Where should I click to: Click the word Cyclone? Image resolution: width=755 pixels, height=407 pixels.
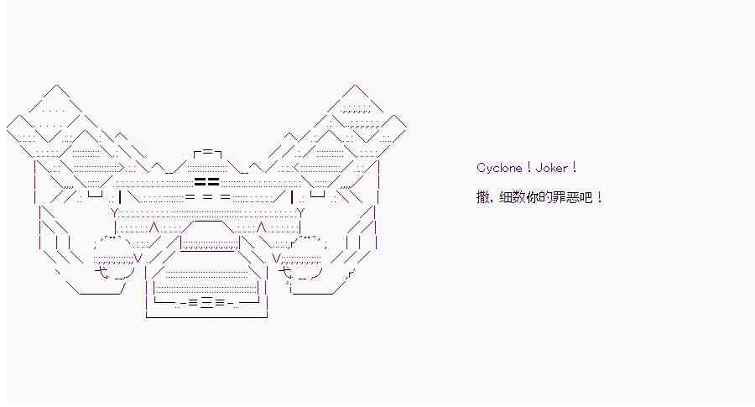coord(500,168)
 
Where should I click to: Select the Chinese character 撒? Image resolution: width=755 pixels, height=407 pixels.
coord(482,198)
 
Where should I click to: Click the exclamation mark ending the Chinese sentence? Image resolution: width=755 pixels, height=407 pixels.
coord(598,198)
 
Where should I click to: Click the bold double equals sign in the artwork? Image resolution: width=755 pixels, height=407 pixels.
coord(206,180)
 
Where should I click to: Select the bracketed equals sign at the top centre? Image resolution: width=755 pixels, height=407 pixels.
coord(206,154)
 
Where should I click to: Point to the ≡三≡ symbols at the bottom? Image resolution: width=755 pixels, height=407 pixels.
coord(206,303)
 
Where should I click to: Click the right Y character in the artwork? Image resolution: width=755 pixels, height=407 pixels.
coord(299,213)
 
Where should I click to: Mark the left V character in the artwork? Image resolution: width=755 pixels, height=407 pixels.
coord(137,257)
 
